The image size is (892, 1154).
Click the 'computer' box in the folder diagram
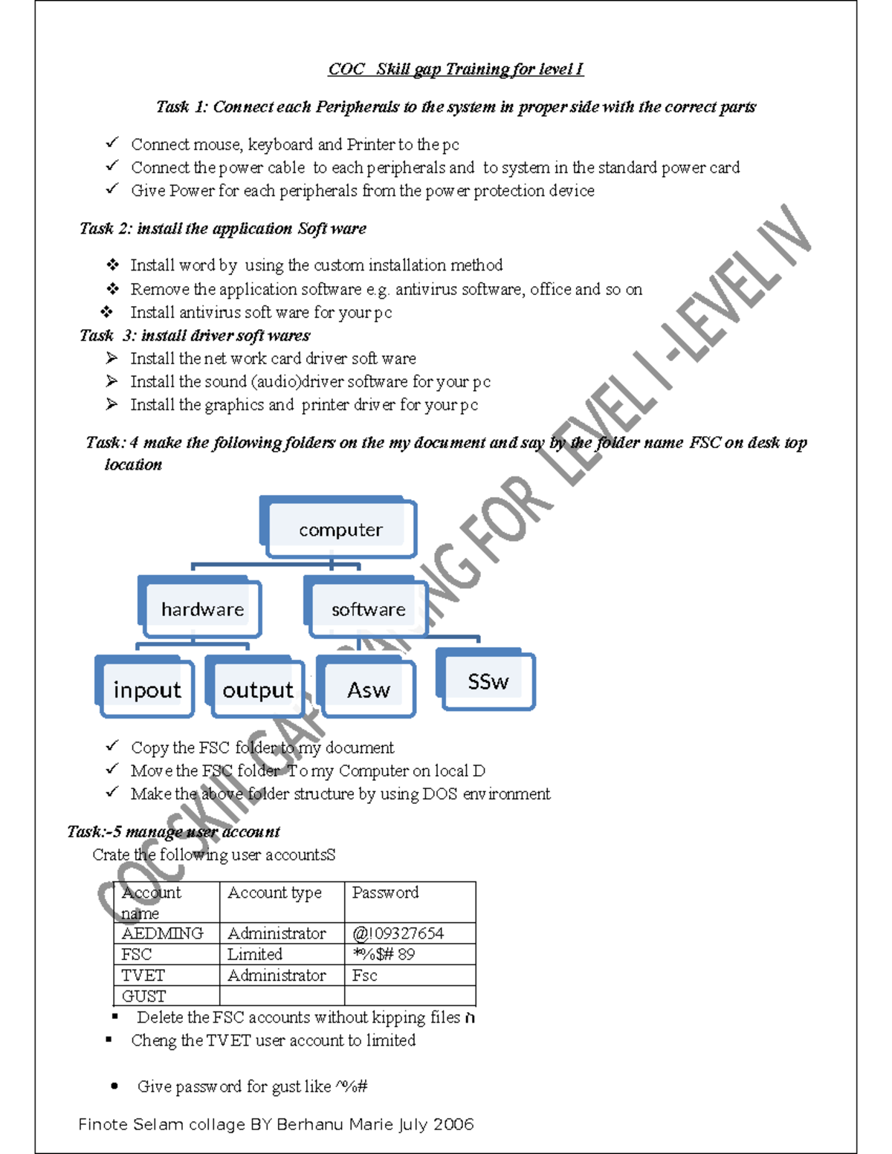[340, 529]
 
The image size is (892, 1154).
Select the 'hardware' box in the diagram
[202, 609]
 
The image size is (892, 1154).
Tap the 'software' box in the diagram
[369, 609]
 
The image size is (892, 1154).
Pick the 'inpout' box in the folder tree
[146, 690]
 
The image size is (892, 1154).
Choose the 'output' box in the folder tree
[258, 690]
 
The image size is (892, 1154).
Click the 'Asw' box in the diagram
[368, 690]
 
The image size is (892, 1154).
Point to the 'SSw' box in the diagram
[488, 681]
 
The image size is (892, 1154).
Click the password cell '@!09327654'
[398, 933]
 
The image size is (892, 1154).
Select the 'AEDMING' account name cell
[162, 933]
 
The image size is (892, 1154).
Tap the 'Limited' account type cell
[255, 954]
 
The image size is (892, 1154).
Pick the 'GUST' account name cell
[144, 996]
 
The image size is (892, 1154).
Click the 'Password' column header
[385, 892]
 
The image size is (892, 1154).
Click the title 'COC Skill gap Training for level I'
[456, 69]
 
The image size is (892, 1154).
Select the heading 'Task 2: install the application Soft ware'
[223, 228]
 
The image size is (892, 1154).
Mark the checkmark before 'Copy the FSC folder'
[112, 745]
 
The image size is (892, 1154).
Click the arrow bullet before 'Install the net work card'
[111, 358]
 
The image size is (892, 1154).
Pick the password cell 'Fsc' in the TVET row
[365, 975]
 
